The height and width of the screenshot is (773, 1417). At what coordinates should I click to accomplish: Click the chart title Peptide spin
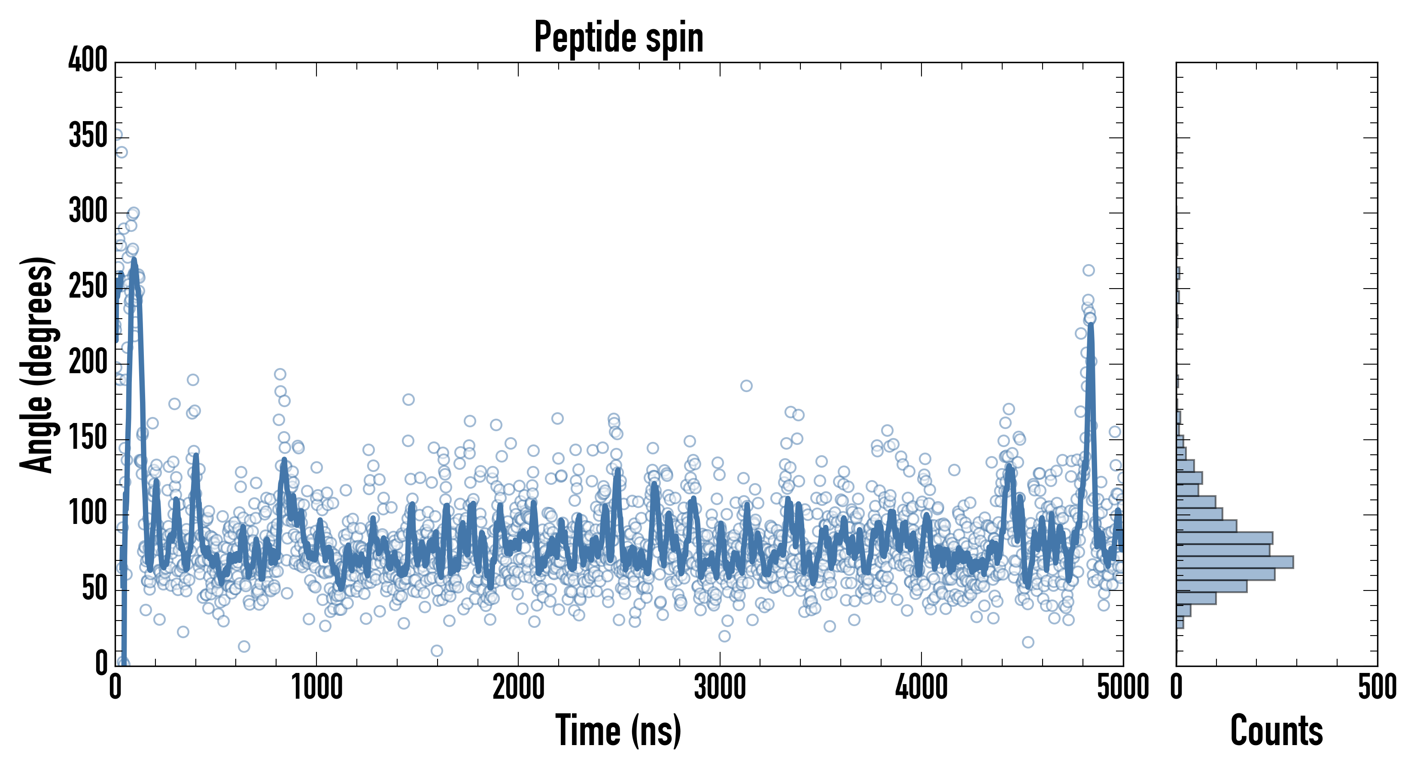[619, 37]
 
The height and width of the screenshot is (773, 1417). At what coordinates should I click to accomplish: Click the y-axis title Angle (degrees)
[37, 364]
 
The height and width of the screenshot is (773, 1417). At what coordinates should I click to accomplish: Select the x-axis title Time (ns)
[619, 730]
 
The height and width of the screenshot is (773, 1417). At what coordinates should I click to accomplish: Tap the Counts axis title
[1276, 730]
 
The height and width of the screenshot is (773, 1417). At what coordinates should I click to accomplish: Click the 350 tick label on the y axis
[88, 135]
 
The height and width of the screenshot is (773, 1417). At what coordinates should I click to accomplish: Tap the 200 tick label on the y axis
[88, 362]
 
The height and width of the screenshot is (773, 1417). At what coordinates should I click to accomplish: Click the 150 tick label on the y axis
[88, 438]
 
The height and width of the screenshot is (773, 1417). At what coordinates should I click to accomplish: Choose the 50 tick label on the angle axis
[94, 589]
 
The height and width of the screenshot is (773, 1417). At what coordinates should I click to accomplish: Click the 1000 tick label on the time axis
[317, 688]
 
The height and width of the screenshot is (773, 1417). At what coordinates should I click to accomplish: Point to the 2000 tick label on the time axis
[518, 688]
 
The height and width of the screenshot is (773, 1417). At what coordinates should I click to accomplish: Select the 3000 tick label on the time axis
[720, 688]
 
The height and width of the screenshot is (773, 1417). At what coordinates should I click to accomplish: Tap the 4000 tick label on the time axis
[921, 688]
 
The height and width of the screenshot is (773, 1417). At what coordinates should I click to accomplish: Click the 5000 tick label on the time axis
[1123, 688]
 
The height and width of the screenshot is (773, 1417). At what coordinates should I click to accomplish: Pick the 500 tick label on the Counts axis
[1377, 688]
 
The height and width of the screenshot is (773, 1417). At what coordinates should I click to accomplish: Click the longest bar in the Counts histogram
[1235, 562]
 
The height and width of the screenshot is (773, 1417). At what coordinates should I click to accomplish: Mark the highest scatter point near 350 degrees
[117, 135]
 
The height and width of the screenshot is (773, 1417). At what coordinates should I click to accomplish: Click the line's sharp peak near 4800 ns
[1090, 326]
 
